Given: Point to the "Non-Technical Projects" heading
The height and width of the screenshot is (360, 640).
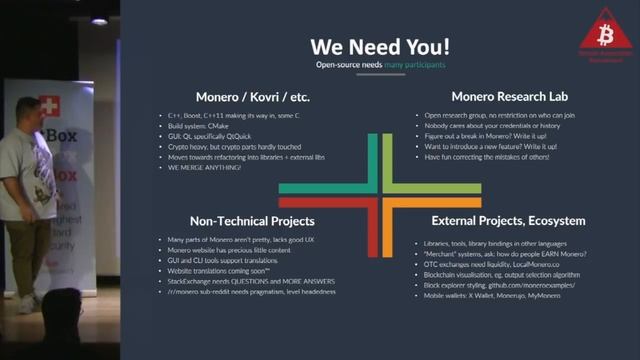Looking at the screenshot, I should coord(252,220).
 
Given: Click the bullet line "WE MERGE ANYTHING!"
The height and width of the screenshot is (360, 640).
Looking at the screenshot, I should coord(207,166).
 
